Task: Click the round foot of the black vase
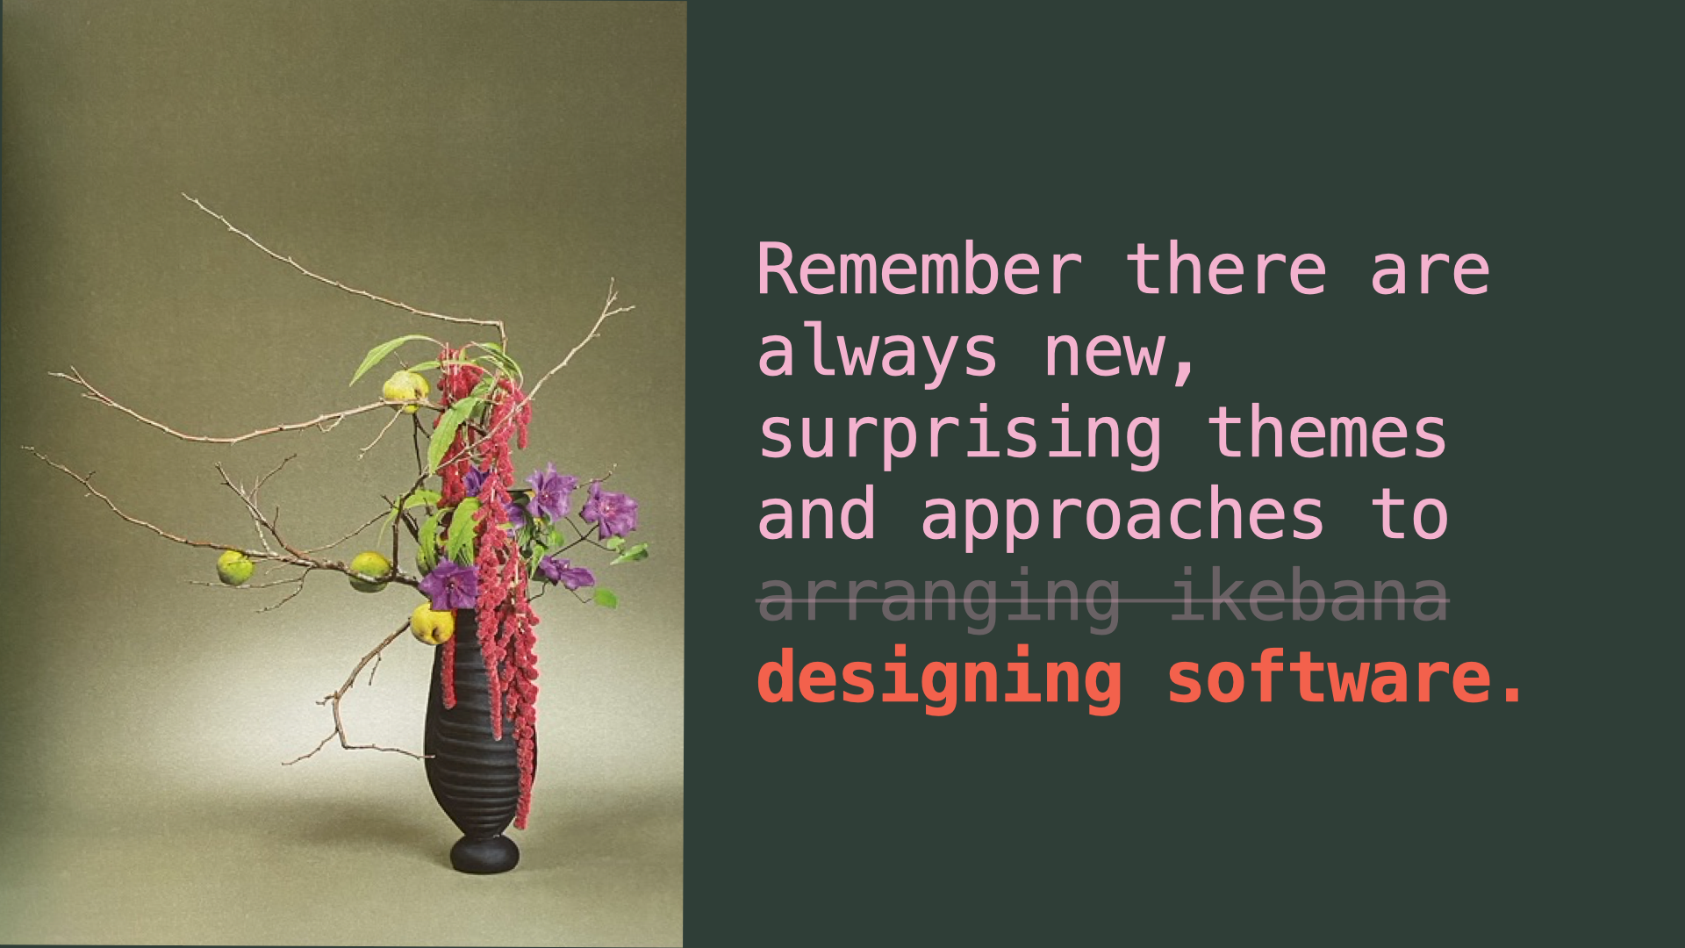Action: click(x=484, y=853)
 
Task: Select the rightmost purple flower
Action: click(x=609, y=510)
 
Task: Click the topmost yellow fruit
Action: click(x=405, y=391)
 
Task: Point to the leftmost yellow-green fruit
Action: click(x=234, y=568)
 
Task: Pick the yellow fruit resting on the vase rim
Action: click(x=433, y=624)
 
